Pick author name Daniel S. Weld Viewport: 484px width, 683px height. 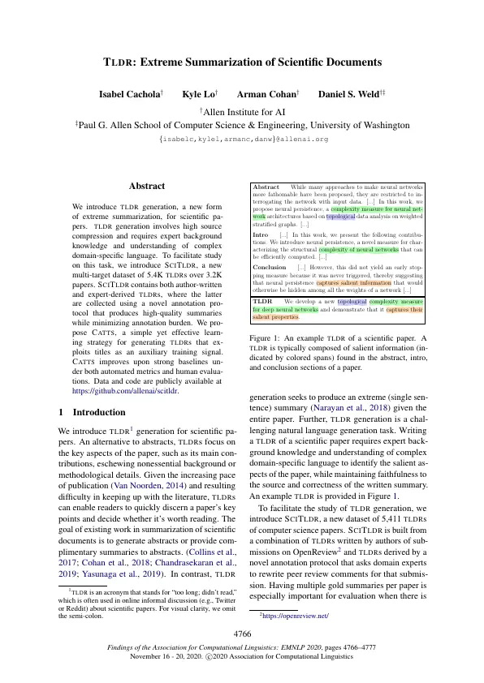(350, 95)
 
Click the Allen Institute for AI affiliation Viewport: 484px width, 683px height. (242, 110)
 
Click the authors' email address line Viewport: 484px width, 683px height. (242, 140)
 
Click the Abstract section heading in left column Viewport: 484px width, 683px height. (147, 186)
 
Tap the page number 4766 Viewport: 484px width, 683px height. (242, 632)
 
